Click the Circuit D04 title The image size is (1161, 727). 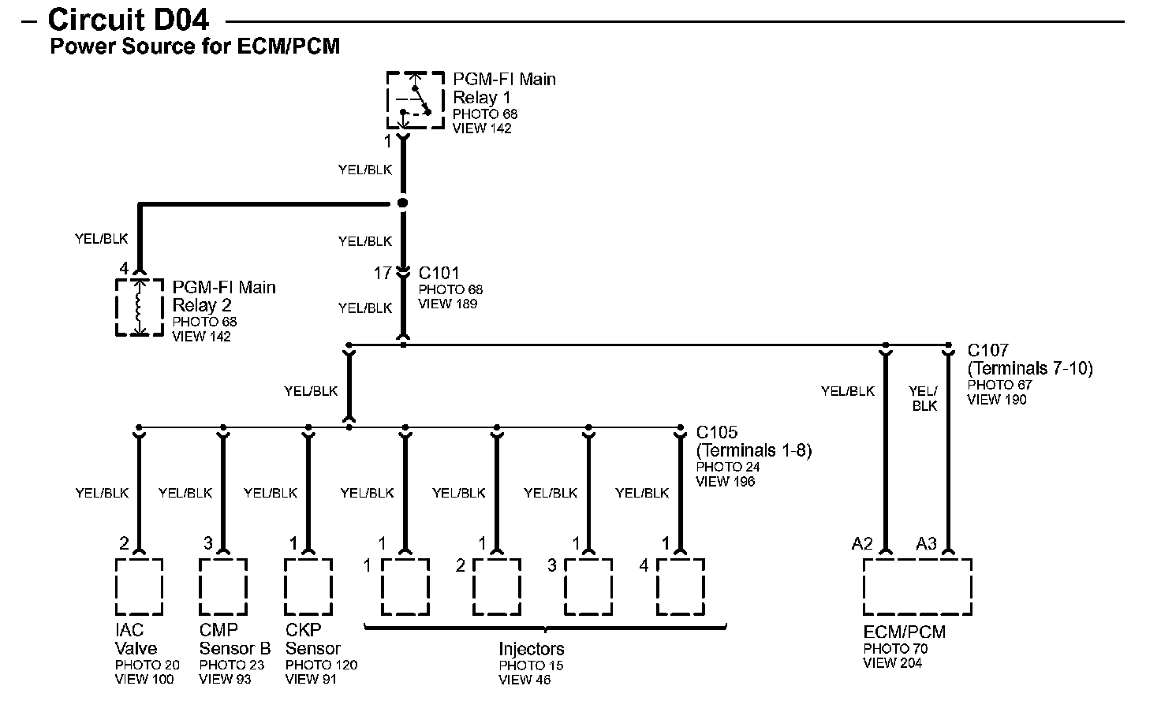[x=129, y=19]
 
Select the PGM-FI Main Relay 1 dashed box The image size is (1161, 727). [x=416, y=100]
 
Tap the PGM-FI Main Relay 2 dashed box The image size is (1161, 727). [x=140, y=307]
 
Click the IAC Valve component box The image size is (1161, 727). [x=140, y=587]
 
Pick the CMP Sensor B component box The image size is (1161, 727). [x=223, y=587]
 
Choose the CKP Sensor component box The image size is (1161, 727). [x=308, y=587]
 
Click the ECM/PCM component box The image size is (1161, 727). [x=917, y=587]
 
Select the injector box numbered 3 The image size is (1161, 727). [x=588, y=587]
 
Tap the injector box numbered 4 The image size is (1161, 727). [x=680, y=587]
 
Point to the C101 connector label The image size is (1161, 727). [x=439, y=273]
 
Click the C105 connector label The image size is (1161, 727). [x=717, y=433]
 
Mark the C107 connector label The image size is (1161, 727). [x=988, y=350]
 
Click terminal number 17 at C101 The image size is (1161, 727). [x=383, y=274]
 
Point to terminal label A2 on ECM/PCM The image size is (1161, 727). [x=862, y=543]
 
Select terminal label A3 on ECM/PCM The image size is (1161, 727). [x=926, y=543]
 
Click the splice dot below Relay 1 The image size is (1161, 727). [x=403, y=203]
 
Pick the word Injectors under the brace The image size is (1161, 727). [x=532, y=649]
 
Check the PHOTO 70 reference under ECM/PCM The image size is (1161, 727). [x=895, y=649]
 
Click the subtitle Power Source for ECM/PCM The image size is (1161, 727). [x=195, y=47]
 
